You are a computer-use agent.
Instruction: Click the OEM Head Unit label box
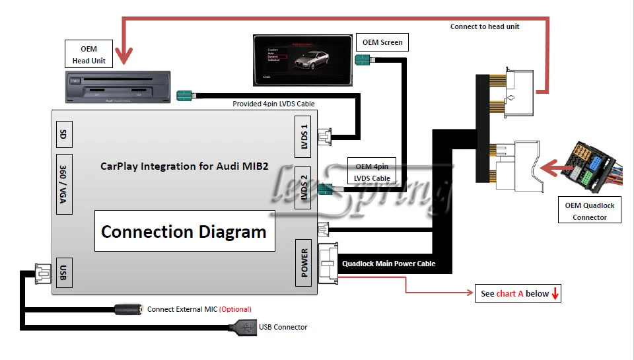click(89, 54)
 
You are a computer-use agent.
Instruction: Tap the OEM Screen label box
click(382, 43)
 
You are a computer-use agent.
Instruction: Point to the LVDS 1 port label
click(304, 135)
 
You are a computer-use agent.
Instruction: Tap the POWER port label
click(304, 263)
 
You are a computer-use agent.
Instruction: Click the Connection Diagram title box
click(184, 232)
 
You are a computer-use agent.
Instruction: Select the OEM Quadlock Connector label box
click(590, 211)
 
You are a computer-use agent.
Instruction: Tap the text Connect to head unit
click(485, 26)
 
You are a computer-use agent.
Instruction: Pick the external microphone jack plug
click(129, 308)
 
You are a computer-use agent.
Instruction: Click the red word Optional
click(235, 309)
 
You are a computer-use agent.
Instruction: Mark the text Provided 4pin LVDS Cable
click(273, 104)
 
